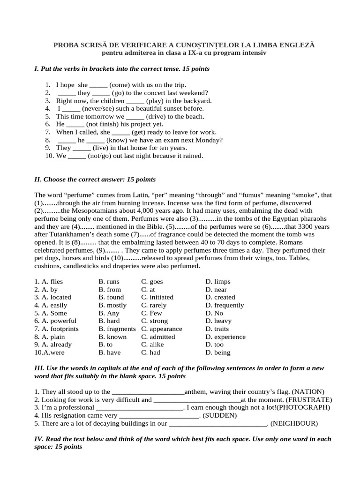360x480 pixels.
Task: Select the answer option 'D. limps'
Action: tap(217, 282)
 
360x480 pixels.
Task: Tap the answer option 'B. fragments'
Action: tap(117, 329)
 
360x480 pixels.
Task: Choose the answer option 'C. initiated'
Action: tap(157, 297)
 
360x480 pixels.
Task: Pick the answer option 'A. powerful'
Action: tap(55, 321)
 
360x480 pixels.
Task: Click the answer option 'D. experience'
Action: tap(225, 337)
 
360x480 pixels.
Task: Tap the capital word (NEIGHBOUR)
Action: tap(294, 424)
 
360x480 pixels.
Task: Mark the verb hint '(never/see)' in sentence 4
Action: tap(92, 109)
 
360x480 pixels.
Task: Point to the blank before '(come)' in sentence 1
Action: tap(98, 85)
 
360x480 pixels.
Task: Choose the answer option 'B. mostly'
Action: tap(112, 305)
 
